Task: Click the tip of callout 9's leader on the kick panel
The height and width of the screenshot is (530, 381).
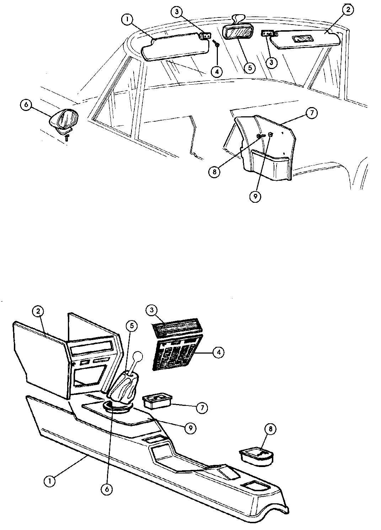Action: coord(269,135)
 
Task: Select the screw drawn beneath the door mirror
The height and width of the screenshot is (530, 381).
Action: coord(66,137)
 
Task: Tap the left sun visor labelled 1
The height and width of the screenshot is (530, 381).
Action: coord(175,47)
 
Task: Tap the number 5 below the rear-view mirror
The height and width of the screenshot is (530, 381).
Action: coord(249,68)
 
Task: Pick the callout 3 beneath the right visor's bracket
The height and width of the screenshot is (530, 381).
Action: coord(271,63)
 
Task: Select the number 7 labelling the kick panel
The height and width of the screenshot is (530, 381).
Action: coord(312,113)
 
